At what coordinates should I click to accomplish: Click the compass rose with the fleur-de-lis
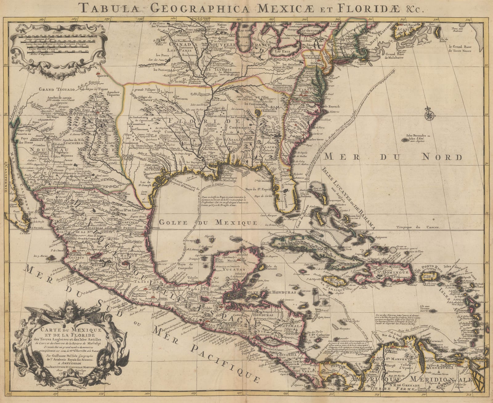pos(428,115)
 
